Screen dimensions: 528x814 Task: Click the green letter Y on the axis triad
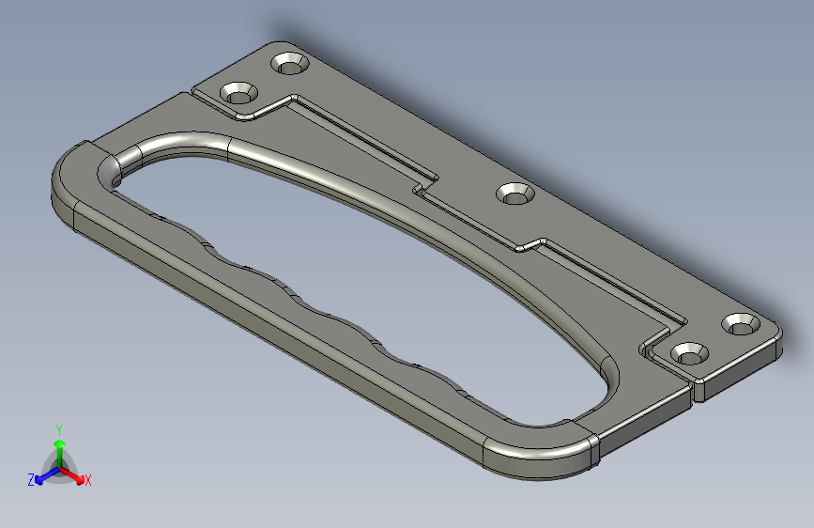point(59,429)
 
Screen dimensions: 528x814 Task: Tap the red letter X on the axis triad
point(88,480)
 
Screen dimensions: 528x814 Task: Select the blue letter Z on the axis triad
point(31,480)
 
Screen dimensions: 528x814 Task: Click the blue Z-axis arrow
point(43,476)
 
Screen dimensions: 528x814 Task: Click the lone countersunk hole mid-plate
point(515,194)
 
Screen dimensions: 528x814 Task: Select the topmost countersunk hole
point(290,64)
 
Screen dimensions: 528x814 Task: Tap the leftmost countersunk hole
point(239,93)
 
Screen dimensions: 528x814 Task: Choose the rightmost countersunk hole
point(741,323)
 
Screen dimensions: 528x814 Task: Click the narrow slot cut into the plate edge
point(696,387)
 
